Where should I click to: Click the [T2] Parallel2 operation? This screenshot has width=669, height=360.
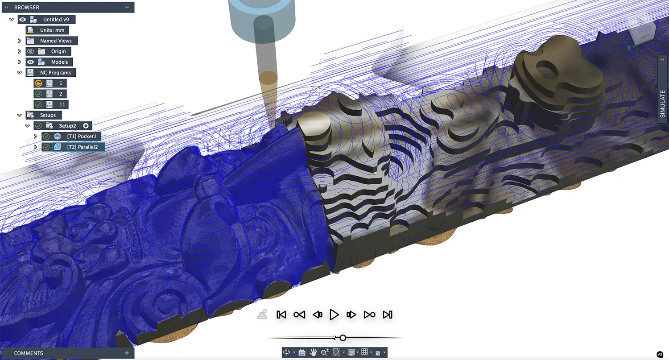82,147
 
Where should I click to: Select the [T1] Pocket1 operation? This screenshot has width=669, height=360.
82,136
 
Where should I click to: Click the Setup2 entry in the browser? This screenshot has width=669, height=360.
67,126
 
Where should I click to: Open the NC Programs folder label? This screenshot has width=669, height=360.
55,73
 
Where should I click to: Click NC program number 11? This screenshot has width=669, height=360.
62,104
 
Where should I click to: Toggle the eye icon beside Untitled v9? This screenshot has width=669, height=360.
22,20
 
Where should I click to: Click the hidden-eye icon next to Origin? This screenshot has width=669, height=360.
30,51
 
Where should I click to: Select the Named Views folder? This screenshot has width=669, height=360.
56,41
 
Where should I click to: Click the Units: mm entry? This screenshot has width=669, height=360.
52,30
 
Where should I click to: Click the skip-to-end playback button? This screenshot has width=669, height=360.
388,314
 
